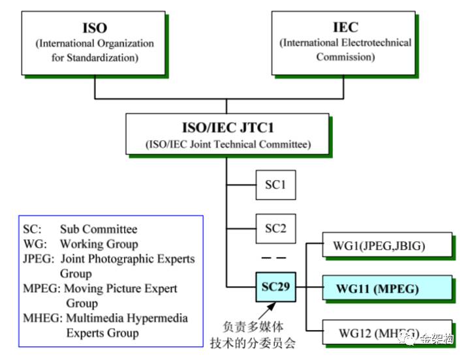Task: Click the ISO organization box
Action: point(95,42)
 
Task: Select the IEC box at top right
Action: point(345,42)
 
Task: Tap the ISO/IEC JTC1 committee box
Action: point(227,134)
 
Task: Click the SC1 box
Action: point(275,185)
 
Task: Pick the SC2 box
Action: point(275,229)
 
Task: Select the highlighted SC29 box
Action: point(275,287)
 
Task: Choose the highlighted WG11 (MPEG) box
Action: point(386,288)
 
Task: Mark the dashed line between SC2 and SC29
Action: point(275,258)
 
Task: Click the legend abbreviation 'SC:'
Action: point(32,230)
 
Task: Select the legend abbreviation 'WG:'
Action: point(35,244)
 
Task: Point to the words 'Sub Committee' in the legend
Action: point(99,230)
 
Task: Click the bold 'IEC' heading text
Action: point(345,27)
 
